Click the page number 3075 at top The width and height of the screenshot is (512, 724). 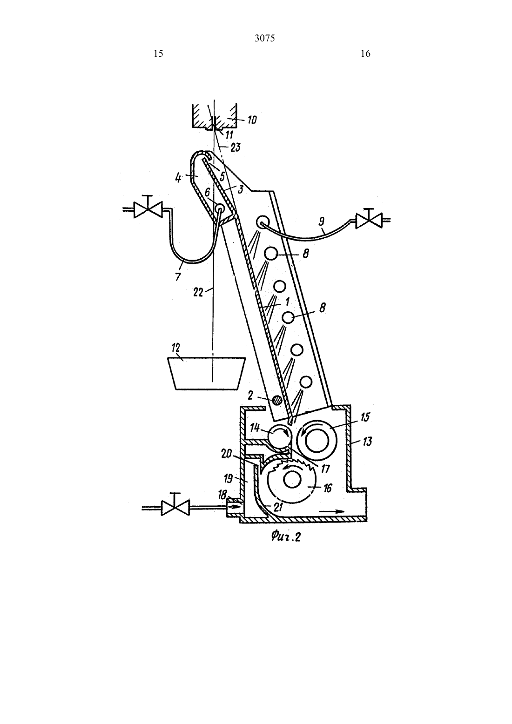(265, 39)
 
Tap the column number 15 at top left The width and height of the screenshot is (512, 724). (158, 54)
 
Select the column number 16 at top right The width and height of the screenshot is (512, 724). (365, 54)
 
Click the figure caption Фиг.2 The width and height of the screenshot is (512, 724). (286, 537)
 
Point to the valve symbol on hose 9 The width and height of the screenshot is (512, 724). (369, 221)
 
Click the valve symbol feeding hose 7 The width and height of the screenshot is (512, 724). (148, 210)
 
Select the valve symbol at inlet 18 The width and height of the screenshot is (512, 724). (175, 508)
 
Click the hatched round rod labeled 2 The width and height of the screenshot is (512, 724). (276, 401)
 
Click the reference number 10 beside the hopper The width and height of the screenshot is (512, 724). (252, 120)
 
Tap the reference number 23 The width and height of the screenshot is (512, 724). (236, 147)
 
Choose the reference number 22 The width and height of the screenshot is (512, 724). (198, 292)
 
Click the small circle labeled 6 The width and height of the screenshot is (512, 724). (220, 207)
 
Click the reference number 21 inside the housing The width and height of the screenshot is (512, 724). (278, 506)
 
